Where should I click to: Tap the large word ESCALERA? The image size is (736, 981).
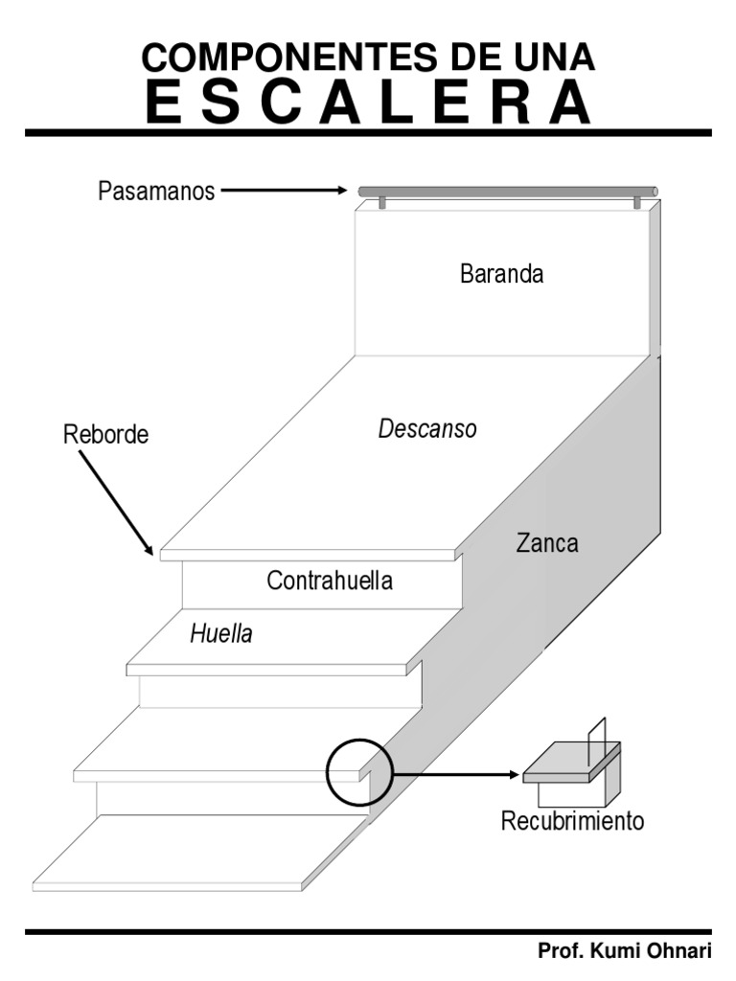pyautogui.click(x=368, y=102)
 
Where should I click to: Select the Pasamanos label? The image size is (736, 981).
pyautogui.click(x=156, y=192)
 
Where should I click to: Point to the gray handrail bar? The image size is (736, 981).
pyautogui.click(x=508, y=193)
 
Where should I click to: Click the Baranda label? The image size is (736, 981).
pyautogui.click(x=501, y=274)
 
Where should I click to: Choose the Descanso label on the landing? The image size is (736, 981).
pyautogui.click(x=427, y=429)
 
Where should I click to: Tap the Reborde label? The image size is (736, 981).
pyautogui.click(x=106, y=434)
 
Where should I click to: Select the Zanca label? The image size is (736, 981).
pyautogui.click(x=547, y=543)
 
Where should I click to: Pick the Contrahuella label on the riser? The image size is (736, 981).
pyautogui.click(x=330, y=581)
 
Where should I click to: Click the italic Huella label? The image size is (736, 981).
pyautogui.click(x=221, y=633)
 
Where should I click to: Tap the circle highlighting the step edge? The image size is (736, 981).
pyautogui.click(x=359, y=772)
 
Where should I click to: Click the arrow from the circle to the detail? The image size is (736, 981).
pyautogui.click(x=456, y=772)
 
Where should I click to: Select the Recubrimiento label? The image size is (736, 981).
pyautogui.click(x=573, y=821)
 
